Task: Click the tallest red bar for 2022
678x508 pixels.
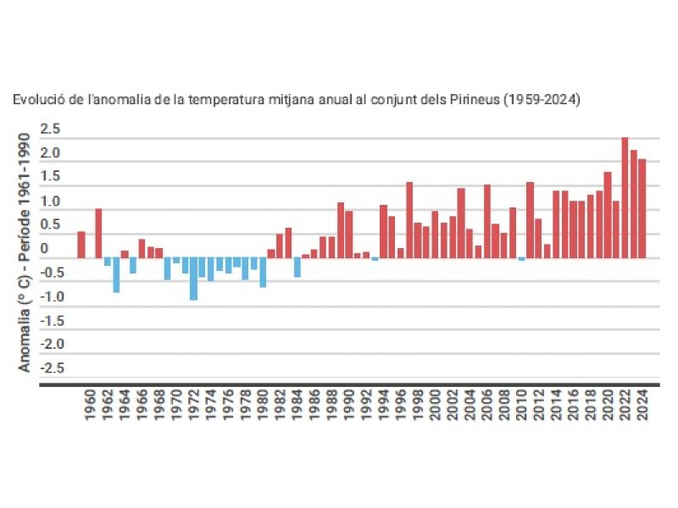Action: (x=625, y=198)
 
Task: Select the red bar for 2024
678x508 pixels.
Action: (x=642, y=209)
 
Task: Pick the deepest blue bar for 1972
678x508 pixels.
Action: (x=193, y=279)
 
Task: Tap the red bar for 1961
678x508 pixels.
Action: (x=98, y=233)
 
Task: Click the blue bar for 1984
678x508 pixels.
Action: (x=297, y=268)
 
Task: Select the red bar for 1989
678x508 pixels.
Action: (x=340, y=230)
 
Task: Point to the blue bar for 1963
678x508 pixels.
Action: (x=116, y=275)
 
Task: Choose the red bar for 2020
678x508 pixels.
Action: (x=607, y=215)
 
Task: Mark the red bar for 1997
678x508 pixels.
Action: (x=408, y=220)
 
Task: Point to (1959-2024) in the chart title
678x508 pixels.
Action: (x=542, y=100)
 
